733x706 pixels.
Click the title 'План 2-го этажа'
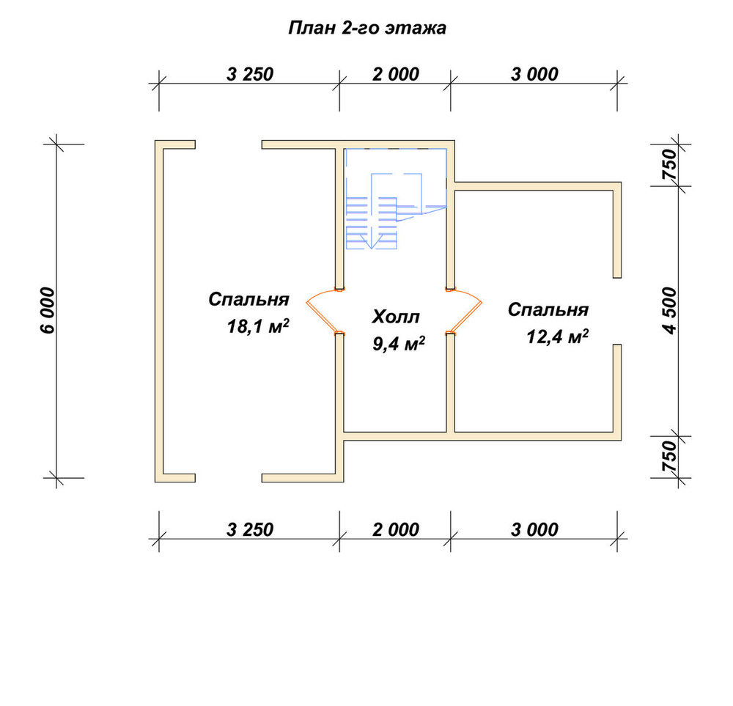pyautogui.click(x=367, y=28)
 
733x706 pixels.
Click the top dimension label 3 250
pyautogui.click(x=250, y=74)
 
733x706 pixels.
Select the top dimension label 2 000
pyautogui.click(x=396, y=74)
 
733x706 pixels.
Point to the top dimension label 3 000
pyautogui.click(x=534, y=74)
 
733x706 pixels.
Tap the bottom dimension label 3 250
pyautogui.click(x=250, y=530)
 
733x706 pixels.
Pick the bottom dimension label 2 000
pyautogui.click(x=396, y=530)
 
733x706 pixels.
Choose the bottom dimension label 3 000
pyautogui.click(x=534, y=530)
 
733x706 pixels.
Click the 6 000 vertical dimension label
pyautogui.click(x=48, y=310)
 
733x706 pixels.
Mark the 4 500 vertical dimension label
pyautogui.click(x=669, y=311)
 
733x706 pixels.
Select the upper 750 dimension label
pyautogui.click(x=669, y=164)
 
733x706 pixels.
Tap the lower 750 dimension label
pyautogui.click(x=669, y=457)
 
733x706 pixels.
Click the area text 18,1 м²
pyautogui.click(x=258, y=326)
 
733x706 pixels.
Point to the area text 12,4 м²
pyautogui.click(x=557, y=337)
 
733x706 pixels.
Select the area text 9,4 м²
pyautogui.click(x=399, y=344)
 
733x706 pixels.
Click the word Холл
pyautogui.click(x=396, y=317)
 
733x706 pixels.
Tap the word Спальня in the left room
pyautogui.click(x=248, y=299)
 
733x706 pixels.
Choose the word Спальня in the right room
pyautogui.click(x=548, y=309)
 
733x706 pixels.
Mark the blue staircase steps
pyautogui.click(x=372, y=223)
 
